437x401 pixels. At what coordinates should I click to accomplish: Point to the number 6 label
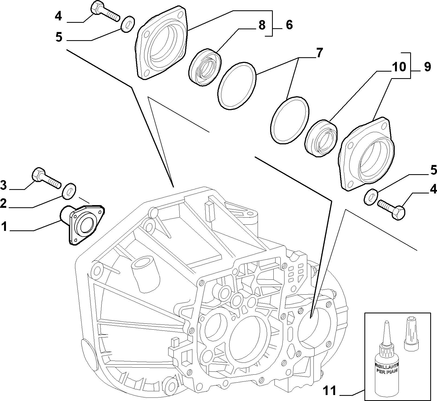[x=289, y=25]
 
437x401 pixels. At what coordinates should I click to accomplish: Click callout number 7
[x=319, y=53]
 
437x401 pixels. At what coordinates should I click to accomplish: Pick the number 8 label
[x=262, y=25]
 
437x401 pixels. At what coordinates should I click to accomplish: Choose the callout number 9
[x=427, y=67]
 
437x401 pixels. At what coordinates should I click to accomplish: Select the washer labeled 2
[x=70, y=191]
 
